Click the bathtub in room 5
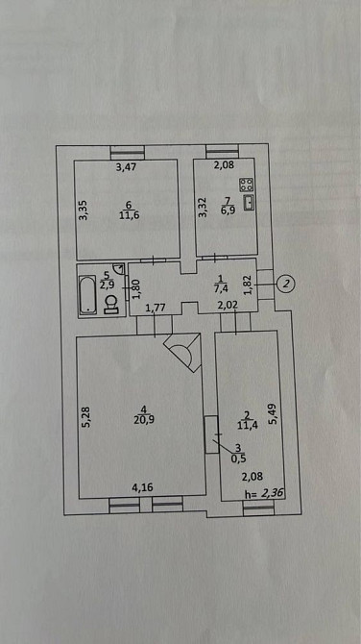[x=87, y=295]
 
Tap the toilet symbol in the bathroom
[x=110, y=306]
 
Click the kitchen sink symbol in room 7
[x=249, y=204]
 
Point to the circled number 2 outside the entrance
[x=287, y=283]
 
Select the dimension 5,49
[x=275, y=414]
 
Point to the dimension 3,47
[x=126, y=166]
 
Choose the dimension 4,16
[x=140, y=488]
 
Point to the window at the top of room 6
[x=128, y=153]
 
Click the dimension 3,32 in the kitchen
[x=203, y=208]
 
